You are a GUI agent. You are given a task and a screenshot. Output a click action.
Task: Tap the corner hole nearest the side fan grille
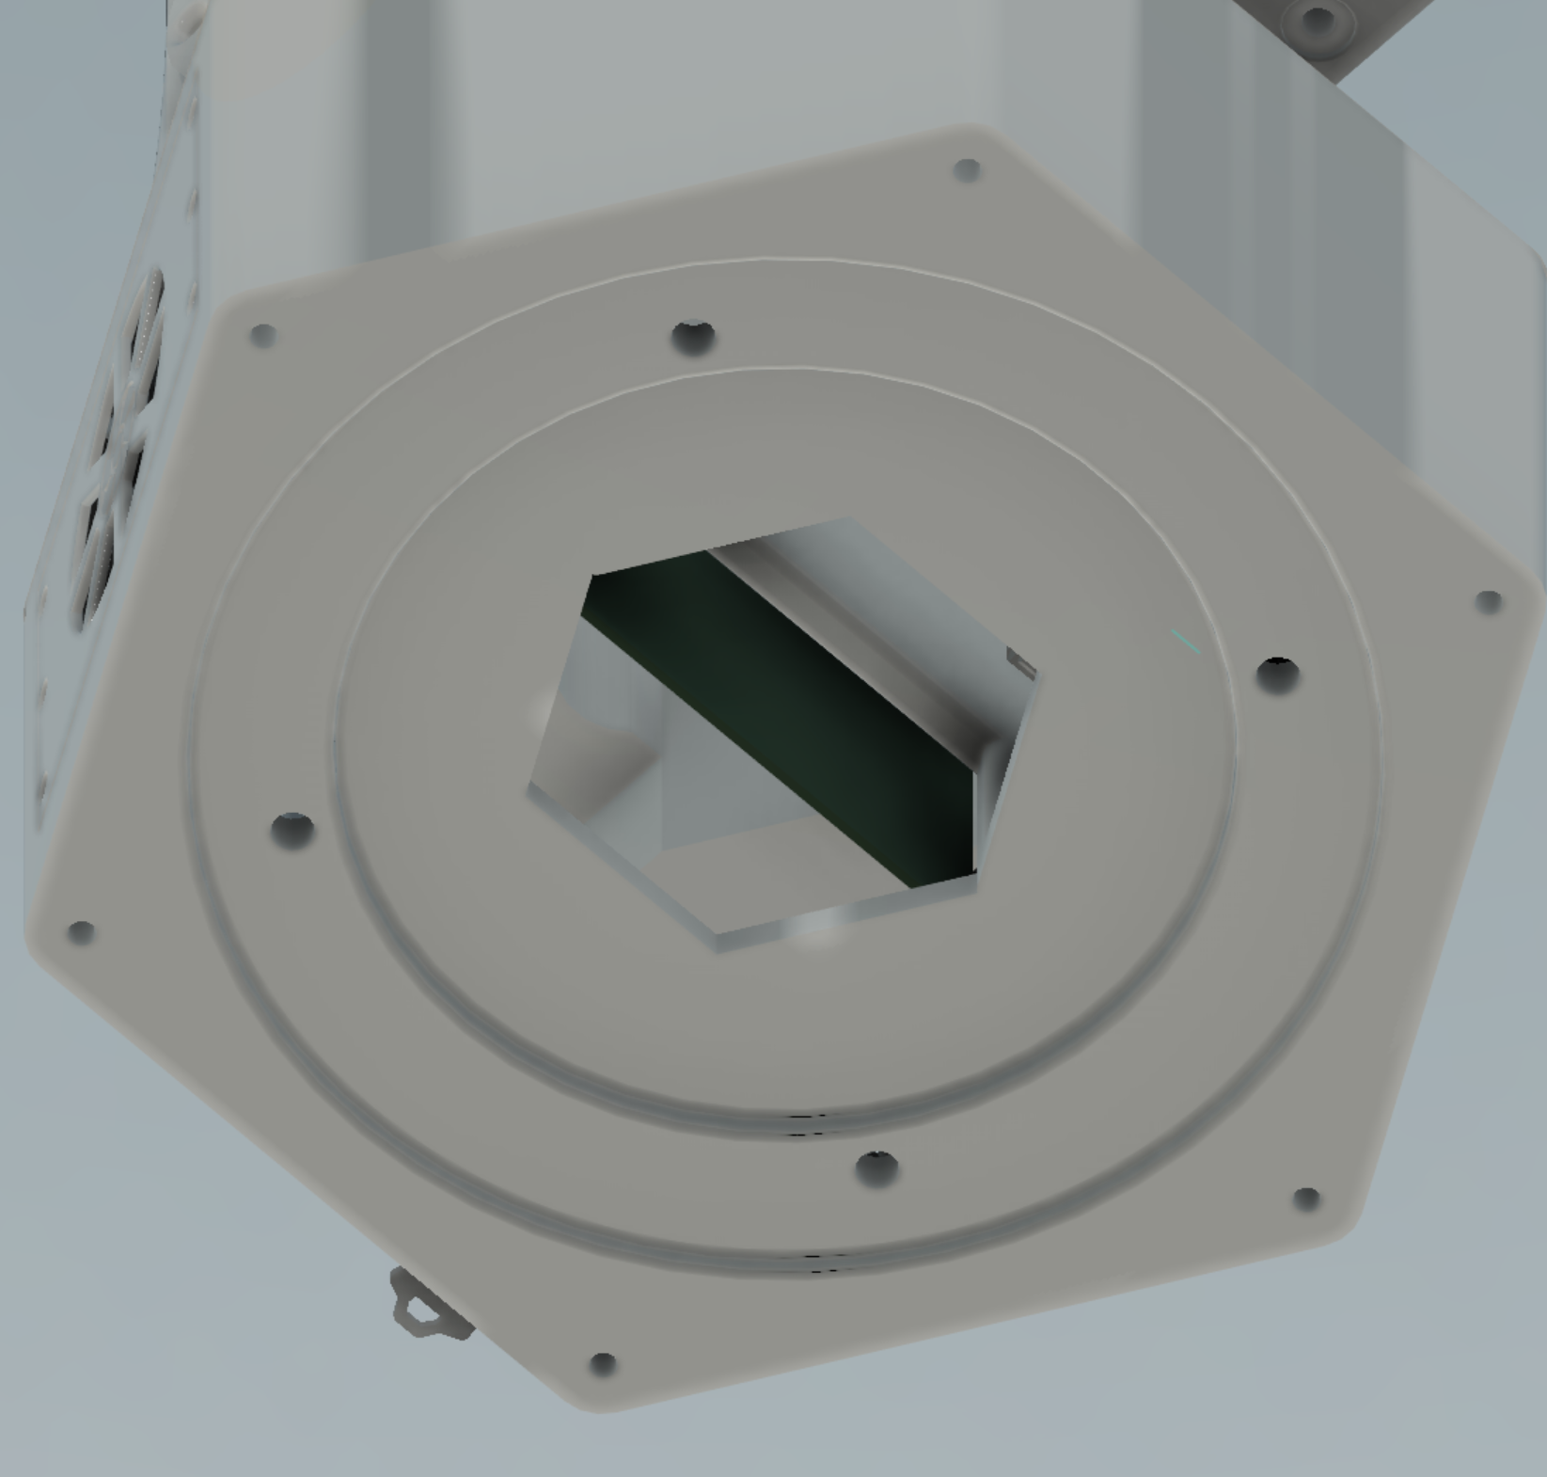click(263, 335)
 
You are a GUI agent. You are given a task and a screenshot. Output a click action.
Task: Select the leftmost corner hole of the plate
click(81, 932)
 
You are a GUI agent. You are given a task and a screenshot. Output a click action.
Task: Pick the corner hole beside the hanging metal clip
click(603, 1363)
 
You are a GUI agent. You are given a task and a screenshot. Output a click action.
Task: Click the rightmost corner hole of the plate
click(1489, 602)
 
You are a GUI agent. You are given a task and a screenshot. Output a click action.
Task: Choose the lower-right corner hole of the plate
click(1306, 1198)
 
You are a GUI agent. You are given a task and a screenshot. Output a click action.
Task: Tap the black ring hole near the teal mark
click(1277, 673)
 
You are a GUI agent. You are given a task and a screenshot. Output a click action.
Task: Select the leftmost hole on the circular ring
click(292, 829)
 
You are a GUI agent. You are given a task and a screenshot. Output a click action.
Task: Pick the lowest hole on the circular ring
click(877, 1167)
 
